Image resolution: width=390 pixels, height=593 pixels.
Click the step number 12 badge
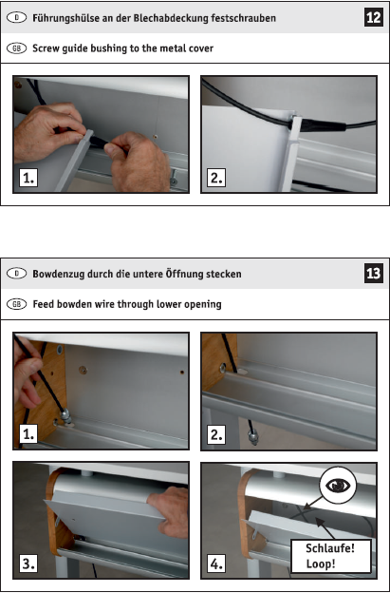373,17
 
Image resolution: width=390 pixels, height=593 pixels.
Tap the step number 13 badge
373,273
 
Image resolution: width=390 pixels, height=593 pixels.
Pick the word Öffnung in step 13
184,274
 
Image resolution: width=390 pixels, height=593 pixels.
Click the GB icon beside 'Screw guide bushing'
17,48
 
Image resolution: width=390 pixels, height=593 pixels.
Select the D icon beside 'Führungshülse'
17,17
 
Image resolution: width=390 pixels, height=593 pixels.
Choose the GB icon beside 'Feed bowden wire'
17,304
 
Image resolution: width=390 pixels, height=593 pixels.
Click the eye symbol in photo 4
338,486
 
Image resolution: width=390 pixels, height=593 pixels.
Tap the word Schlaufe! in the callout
330,548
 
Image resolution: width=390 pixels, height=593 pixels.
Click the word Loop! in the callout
321,564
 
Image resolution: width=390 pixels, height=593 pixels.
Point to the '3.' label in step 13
28,564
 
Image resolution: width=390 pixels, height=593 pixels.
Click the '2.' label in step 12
216,178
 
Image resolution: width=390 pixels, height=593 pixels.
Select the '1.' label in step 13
28,433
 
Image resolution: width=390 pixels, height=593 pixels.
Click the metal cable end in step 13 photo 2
253,437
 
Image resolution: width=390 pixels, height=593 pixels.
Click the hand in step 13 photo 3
170,511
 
